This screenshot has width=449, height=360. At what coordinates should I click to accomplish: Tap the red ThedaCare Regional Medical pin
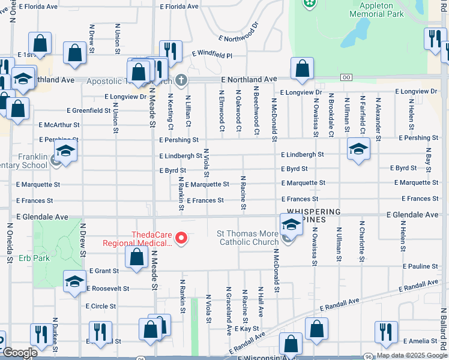pyautogui.click(x=179, y=239)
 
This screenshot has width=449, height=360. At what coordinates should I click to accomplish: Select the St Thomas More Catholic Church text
pyautogui.click(x=247, y=238)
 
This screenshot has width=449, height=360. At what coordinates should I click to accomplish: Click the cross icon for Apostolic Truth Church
pyautogui.click(x=180, y=80)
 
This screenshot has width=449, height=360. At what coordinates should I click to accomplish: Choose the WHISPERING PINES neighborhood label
pyautogui.click(x=313, y=217)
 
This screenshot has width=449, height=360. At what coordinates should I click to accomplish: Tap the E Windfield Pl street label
pyautogui.click(x=212, y=54)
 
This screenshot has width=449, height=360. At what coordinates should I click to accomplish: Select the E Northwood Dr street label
pyautogui.click(x=239, y=33)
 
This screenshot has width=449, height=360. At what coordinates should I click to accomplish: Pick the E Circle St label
pyautogui.click(x=101, y=306)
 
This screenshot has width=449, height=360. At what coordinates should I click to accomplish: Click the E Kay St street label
pyautogui.click(x=247, y=329)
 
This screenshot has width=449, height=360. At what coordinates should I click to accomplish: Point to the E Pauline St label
pyautogui.click(x=421, y=266)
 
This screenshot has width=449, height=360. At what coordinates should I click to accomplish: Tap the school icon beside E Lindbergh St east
pyautogui.click(x=358, y=149)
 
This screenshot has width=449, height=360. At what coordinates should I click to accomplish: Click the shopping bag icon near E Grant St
pyautogui.click(x=137, y=257)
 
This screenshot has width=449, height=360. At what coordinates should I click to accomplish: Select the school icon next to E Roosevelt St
pyautogui.click(x=74, y=281)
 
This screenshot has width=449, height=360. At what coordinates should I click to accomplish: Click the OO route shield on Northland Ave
pyautogui.click(x=346, y=77)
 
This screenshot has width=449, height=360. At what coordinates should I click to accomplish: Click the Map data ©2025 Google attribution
pyautogui.click(x=411, y=355)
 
